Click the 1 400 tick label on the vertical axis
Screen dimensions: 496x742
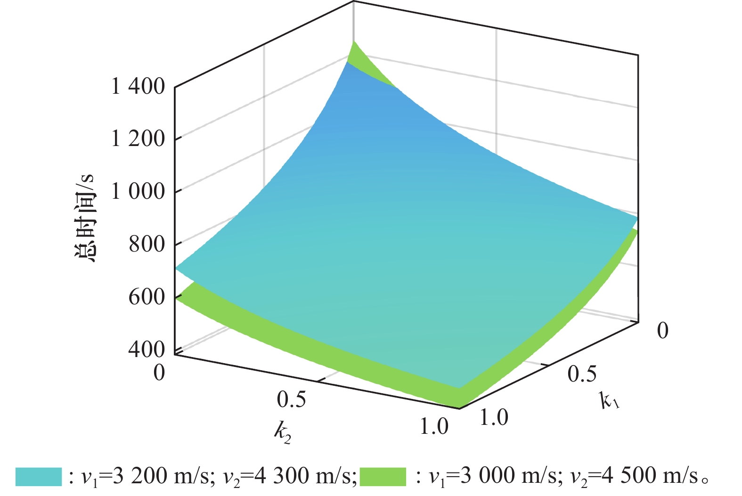[x=138, y=87]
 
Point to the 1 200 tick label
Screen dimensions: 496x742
[x=138, y=139]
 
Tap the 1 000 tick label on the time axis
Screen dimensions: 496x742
[x=138, y=192]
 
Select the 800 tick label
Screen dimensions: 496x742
[x=147, y=244]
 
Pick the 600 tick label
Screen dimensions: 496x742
[x=147, y=297]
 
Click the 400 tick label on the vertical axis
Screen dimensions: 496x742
[x=147, y=349]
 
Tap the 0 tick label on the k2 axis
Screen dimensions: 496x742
[x=159, y=372]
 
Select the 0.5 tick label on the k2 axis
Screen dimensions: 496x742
[x=291, y=399]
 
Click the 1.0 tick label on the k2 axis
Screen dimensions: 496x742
[x=433, y=427]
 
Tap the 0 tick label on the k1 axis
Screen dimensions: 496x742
[x=662, y=331]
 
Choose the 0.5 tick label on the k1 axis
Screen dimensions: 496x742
[x=582, y=374]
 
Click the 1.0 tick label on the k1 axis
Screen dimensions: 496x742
[x=494, y=417]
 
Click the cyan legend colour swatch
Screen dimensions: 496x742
[x=39, y=477]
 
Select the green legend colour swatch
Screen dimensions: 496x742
[x=383, y=477]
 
